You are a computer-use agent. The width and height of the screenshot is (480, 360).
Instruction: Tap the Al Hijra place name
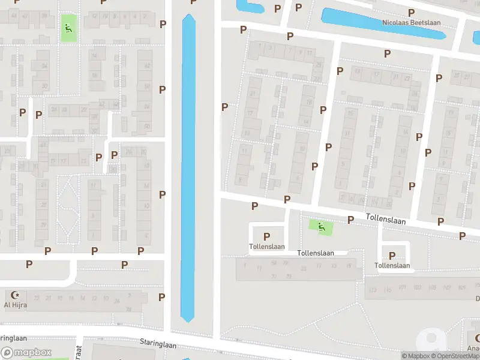tap(16, 305)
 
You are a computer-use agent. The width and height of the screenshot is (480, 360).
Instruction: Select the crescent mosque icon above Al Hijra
tap(16, 295)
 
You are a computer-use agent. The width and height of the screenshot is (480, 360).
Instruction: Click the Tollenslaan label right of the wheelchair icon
tap(386, 221)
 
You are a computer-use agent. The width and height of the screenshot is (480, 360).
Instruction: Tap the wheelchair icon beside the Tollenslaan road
tap(322, 226)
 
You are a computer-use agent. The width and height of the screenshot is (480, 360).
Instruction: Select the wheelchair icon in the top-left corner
tap(68, 28)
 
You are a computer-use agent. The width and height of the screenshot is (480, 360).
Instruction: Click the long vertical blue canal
tap(188, 168)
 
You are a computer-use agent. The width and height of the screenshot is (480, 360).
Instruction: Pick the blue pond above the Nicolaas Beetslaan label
tap(384, 22)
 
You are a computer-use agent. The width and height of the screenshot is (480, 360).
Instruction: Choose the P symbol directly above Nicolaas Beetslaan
tap(411, 13)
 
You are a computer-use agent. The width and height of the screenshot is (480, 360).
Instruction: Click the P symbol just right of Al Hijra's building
tap(161, 297)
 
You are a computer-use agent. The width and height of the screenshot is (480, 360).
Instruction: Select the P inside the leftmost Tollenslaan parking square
tap(266, 236)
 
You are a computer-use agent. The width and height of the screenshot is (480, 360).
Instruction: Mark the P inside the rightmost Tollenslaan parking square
tap(392, 256)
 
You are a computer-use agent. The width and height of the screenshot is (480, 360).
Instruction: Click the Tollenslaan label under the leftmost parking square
tap(266, 247)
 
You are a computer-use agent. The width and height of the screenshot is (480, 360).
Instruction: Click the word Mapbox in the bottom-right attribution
tap(418, 356)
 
